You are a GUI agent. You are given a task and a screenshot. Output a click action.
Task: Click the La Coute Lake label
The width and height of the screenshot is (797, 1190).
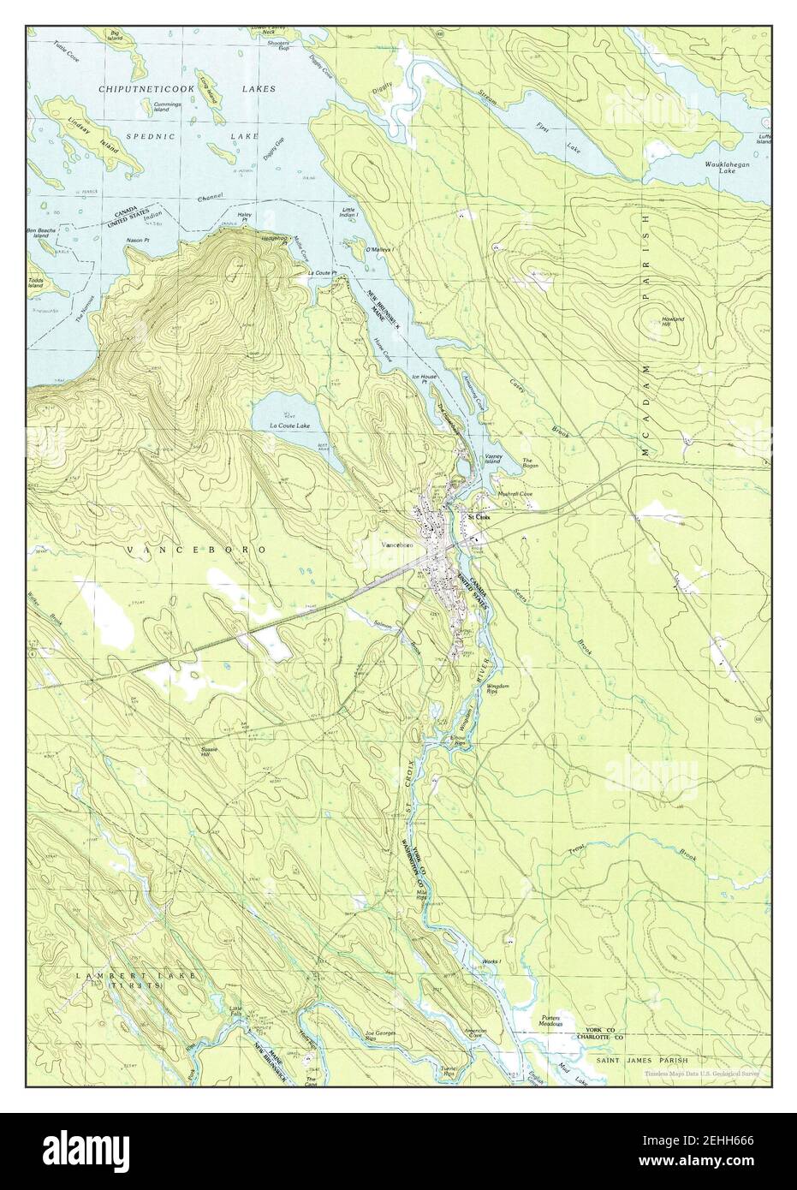[x=288, y=425]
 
